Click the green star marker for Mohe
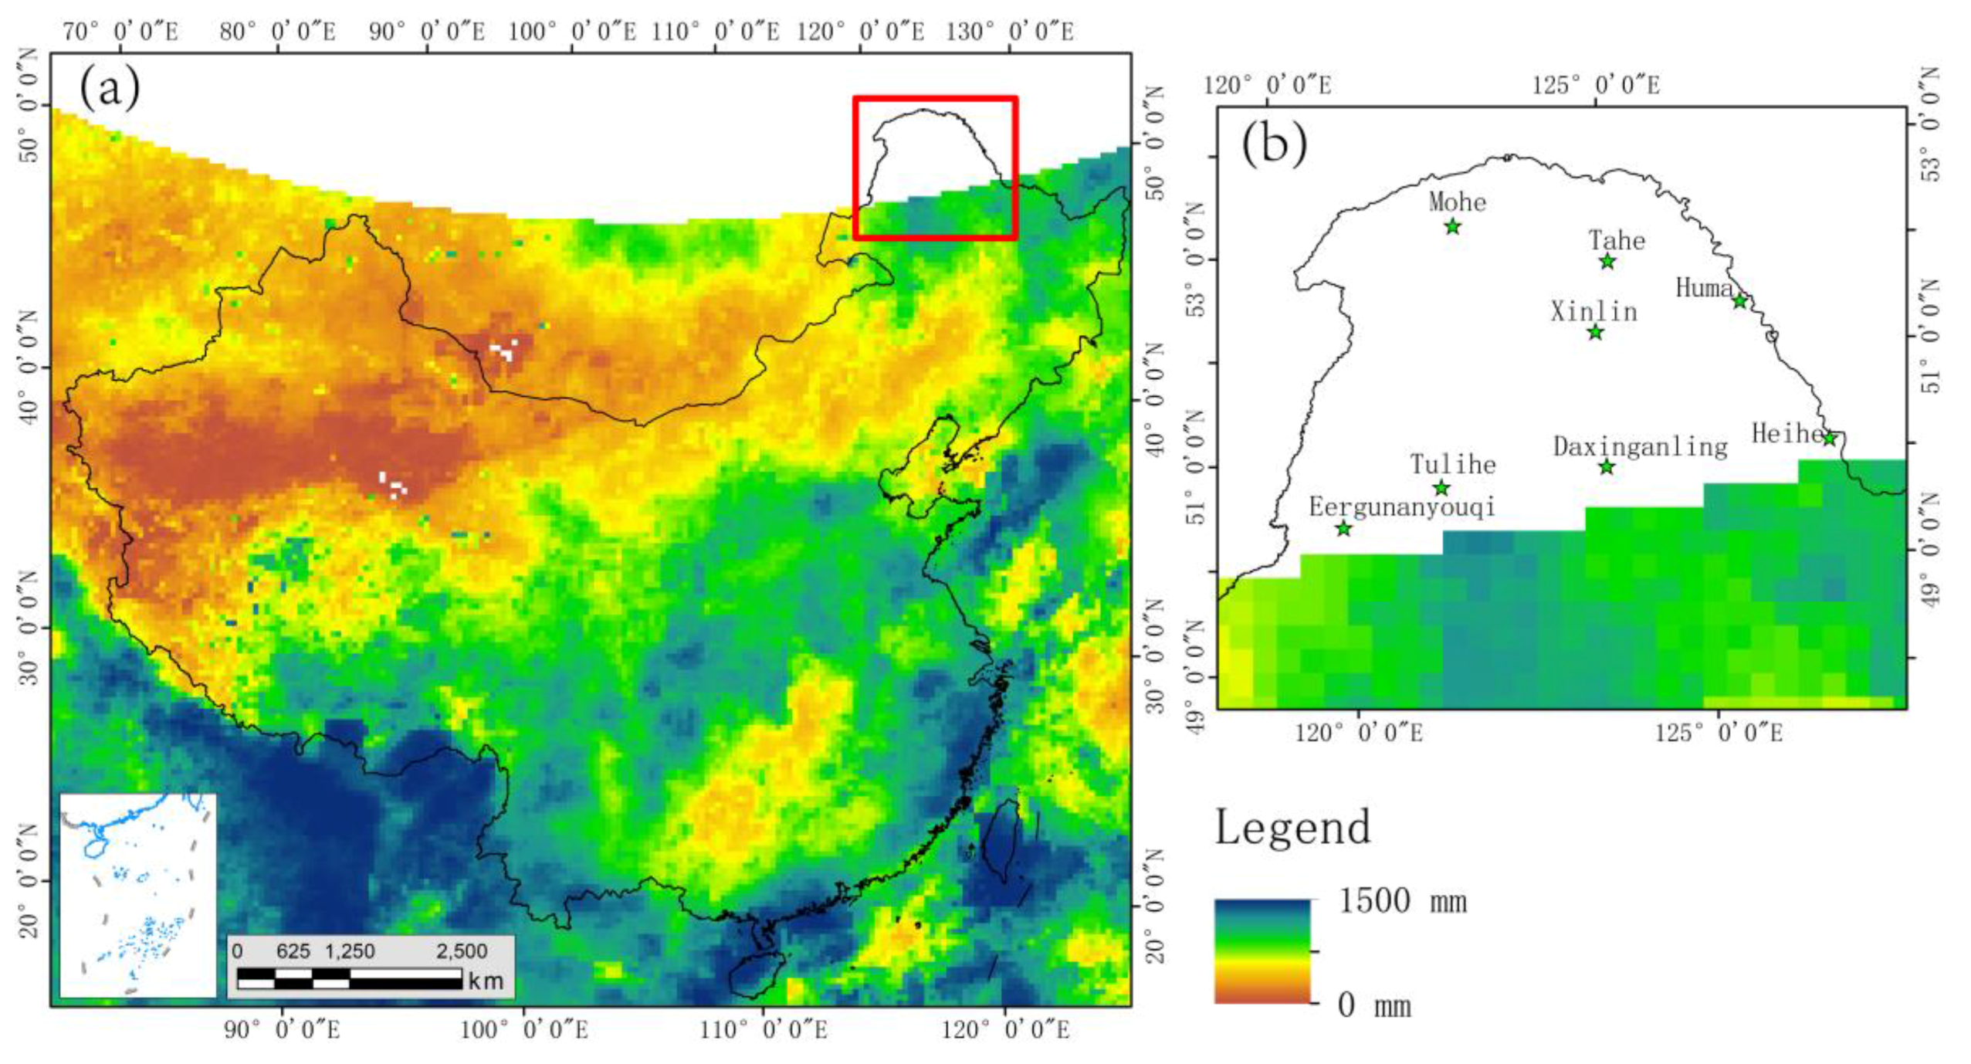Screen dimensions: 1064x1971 (1452, 227)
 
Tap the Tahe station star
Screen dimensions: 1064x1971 (1607, 262)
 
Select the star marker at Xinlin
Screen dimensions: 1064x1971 (1595, 333)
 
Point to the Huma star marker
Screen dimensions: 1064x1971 (1739, 301)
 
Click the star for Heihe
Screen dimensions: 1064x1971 (1829, 438)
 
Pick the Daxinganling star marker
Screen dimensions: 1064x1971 (1606, 466)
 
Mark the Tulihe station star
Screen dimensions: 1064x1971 (1441, 488)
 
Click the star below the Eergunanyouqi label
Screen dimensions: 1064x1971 (1343, 529)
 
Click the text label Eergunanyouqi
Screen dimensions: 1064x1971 (1402, 507)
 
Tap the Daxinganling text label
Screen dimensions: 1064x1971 (1640, 447)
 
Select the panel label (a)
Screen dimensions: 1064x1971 (110, 87)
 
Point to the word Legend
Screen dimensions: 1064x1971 (1293, 827)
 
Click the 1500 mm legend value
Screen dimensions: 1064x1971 (1401, 901)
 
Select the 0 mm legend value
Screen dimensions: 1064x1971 (1374, 1005)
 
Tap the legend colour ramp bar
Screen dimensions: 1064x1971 (1262, 951)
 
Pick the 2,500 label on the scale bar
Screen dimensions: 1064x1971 (462, 951)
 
